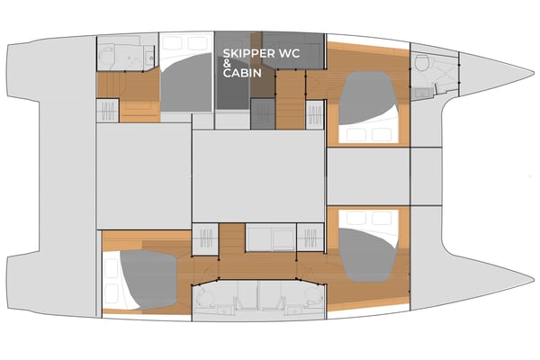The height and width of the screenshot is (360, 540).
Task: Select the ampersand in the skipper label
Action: point(227,64)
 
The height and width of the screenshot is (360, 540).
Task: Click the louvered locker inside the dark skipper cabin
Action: point(262,113)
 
